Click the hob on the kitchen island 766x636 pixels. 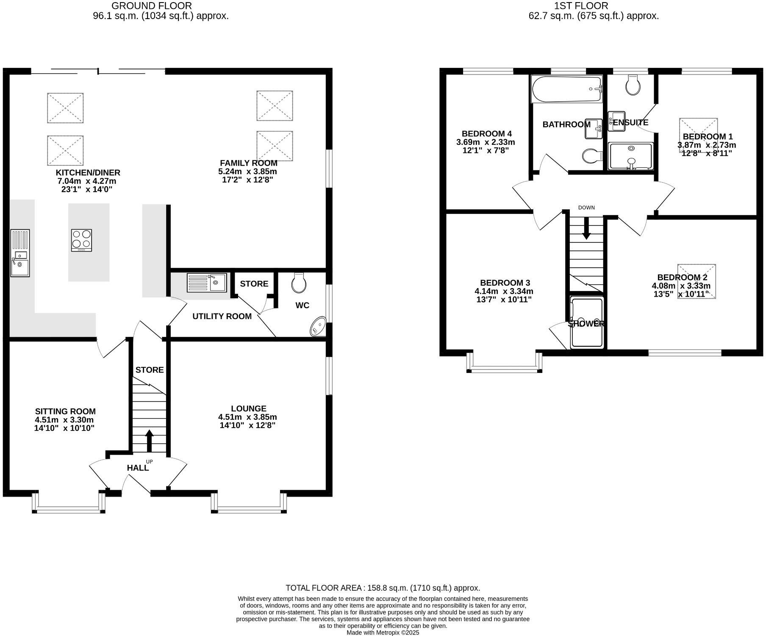point(82,240)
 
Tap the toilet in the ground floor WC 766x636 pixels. point(299,283)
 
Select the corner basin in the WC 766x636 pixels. point(318,327)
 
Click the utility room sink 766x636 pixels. point(207,283)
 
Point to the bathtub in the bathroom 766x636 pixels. point(566,89)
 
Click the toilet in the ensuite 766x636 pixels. point(633,86)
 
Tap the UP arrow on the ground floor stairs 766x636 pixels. point(149,441)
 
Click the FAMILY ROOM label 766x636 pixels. point(249,163)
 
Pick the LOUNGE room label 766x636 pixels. point(249,408)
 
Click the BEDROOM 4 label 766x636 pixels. point(483,133)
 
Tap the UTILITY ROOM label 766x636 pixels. point(222,317)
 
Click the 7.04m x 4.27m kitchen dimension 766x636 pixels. point(87,181)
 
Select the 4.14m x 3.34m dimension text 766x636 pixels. point(504,291)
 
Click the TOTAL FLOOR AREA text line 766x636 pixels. point(383,588)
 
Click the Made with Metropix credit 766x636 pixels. point(383,633)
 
